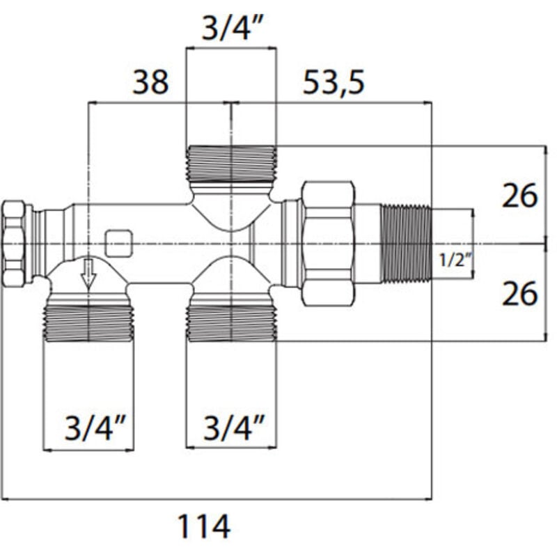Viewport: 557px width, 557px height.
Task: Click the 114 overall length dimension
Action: [203, 527]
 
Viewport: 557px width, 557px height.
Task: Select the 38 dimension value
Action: [150, 83]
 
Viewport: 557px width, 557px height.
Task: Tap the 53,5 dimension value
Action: [334, 83]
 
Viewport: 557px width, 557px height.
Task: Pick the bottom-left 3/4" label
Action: [88, 427]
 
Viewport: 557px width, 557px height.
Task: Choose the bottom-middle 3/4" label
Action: [231, 427]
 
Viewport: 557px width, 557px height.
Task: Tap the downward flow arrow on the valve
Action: [88, 272]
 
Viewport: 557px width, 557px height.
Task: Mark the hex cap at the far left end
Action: [14, 244]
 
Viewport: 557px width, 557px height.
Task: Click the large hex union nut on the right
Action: [328, 244]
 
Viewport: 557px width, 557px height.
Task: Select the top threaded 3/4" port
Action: [231, 164]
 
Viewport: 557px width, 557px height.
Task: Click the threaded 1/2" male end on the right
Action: [407, 244]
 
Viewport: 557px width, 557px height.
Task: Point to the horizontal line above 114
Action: [216, 499]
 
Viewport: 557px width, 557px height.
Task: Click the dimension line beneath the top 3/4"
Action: [231, 48]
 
